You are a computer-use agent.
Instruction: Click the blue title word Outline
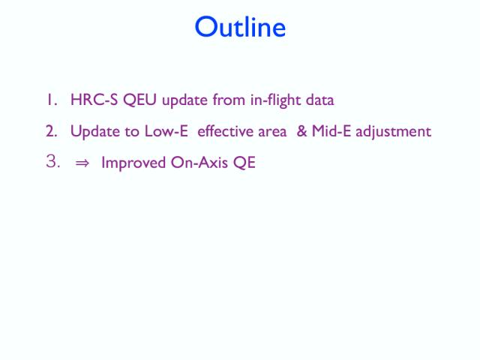[240, 27]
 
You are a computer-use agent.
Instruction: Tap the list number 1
[52, 100]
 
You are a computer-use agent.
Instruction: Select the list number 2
[52, 131]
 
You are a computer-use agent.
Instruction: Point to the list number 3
[52, 161]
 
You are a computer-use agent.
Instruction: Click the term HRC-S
[94, 100]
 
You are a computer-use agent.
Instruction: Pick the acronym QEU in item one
[140, 100]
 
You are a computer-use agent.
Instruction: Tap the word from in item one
[229, 100]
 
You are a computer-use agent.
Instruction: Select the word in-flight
[275, 100]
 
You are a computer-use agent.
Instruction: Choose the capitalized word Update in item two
[95, 132]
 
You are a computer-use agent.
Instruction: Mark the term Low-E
[166, 131]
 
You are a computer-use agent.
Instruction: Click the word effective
[225, 130]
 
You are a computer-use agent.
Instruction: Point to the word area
[272, 132]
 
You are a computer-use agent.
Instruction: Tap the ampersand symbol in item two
[301, 131]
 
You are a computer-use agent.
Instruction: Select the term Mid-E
[331, 131]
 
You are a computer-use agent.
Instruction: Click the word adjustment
[393, 132]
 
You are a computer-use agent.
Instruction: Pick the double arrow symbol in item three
[82, 163]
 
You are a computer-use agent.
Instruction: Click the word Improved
[133, 163]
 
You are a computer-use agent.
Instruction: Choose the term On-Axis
[199, 162]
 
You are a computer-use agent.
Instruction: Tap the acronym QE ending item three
[244, 163]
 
